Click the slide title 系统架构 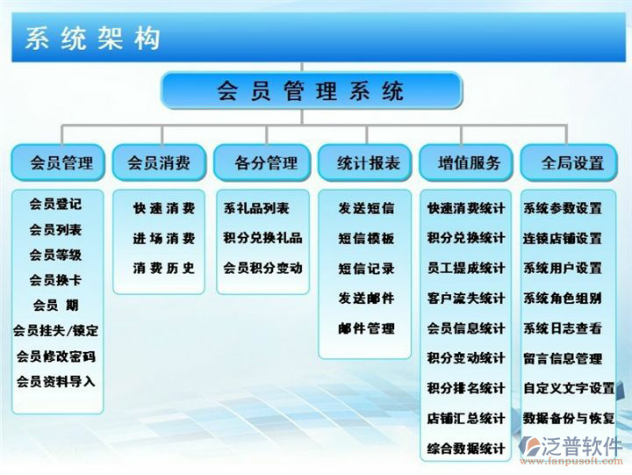[x=92, y=39]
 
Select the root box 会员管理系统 [x=311, y=90]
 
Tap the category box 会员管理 [x=58, y=163]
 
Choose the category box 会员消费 [x=159, y=163]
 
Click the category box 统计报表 [x=365, y=163]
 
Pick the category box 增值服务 [x=466, y=163]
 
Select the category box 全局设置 [x=569, y=163]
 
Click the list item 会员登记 [x=55, y=204]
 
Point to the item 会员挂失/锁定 [x=55, y=331]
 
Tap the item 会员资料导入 [x=55, y=381]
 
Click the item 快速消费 [x=164, y=208]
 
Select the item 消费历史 [x=164, y=268]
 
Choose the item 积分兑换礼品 [x=262, y=238]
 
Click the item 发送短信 [x=366, y=208]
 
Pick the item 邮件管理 [x=366, y=328]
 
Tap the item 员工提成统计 [x=466, y=268]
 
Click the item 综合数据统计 [x=466, y=449]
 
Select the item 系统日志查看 [x=563, y=328]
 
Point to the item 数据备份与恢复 [x=569, y=419]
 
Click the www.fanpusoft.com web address [x=571, y=461]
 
